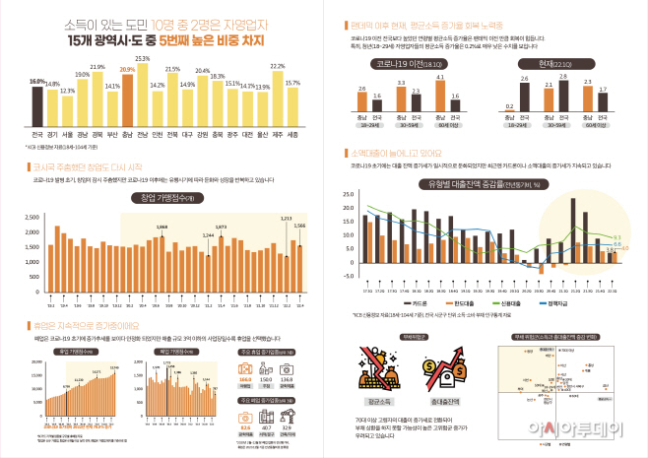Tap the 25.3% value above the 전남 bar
coord(143,59)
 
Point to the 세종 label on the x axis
coord(292,134)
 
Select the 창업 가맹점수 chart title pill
coord(164,198)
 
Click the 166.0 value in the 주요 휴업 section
coord(245,375)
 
